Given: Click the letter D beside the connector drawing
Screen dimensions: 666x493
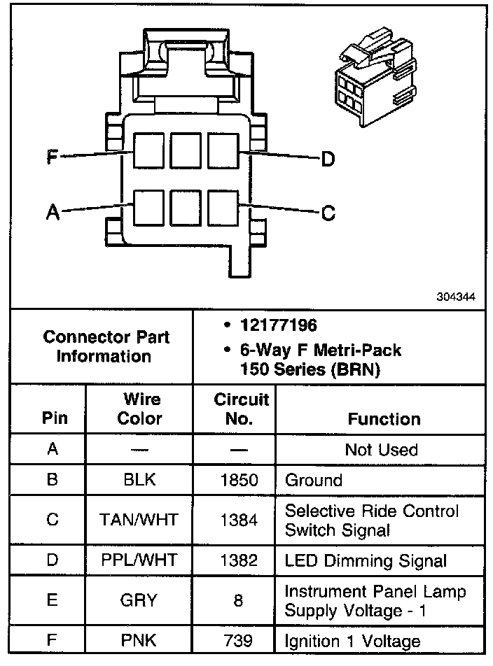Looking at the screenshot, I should (328, 160).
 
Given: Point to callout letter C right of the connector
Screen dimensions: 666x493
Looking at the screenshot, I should (328, 213).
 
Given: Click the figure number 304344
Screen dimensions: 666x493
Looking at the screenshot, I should (456, 297).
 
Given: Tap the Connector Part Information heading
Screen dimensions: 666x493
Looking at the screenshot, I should (106, 346).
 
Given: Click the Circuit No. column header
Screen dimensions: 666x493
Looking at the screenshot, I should (241, 409).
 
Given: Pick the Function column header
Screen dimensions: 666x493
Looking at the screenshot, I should (384, 419).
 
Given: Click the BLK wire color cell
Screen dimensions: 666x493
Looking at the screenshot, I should (139, 480).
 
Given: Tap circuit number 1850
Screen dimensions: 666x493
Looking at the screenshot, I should (239, 481).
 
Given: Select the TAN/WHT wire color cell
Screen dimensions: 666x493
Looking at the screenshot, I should (139, 520).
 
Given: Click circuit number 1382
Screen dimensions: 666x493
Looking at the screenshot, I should (239, 560).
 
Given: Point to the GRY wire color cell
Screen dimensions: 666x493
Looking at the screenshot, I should (139, 600).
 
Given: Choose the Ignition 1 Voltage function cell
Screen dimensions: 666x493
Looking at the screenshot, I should (352, 640).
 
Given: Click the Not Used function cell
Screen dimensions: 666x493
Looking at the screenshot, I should (381, 450).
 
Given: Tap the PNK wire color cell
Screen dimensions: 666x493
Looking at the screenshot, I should (139, 640).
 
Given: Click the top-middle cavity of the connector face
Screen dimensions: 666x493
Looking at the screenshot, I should (186, 150).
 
